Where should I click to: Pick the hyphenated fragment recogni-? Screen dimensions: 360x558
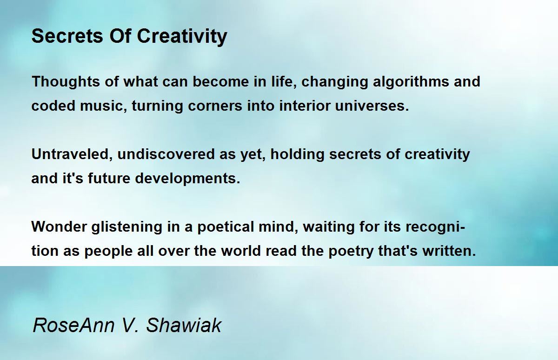coord(436,227)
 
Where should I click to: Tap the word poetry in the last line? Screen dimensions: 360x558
coord(355,251)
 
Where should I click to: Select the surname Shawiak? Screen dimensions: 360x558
coord(184,325)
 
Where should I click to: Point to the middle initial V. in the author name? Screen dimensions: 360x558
coord(128,325)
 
